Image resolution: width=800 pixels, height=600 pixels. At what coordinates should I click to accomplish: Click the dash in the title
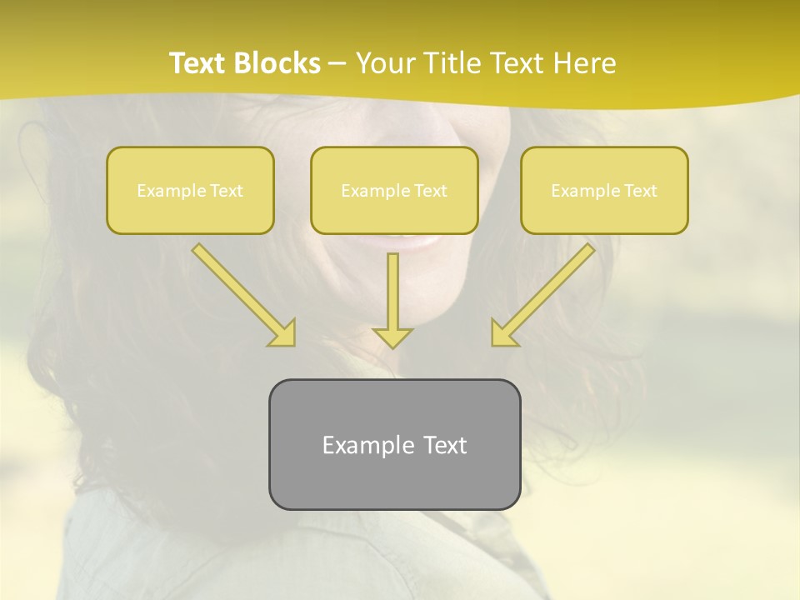338,64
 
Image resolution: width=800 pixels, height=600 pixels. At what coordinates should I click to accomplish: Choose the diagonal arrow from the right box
550,287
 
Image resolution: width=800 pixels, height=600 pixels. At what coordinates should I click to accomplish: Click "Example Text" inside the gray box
394,445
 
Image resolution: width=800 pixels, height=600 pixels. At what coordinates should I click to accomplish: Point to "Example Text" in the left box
190,191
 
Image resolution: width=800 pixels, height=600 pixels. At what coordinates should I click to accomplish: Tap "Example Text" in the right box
604,191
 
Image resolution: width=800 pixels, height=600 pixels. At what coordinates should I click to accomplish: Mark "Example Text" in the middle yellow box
394,191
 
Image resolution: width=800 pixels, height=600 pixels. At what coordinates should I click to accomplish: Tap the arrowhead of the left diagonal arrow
284,334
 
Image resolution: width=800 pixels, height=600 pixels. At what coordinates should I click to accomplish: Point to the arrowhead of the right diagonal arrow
502,334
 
